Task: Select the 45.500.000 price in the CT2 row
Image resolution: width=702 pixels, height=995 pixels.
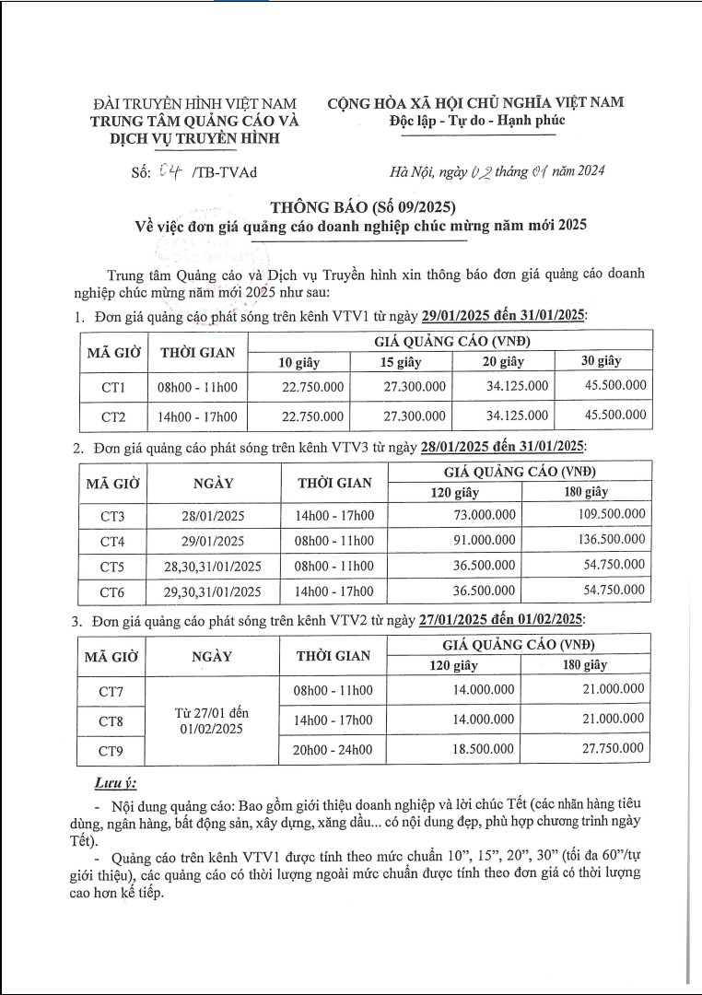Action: pos(615,416)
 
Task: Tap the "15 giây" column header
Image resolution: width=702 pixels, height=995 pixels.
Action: pos(401,361)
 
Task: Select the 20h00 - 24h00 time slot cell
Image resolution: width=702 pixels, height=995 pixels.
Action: pos(333,750)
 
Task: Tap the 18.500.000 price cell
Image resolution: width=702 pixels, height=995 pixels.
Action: pos(485,750)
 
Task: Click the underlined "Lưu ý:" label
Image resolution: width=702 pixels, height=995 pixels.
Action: pos(115,783)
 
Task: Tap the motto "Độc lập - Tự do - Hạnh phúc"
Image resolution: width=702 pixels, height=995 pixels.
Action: pos(476,121)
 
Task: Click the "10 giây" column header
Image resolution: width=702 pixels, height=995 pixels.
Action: pos(299,361)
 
